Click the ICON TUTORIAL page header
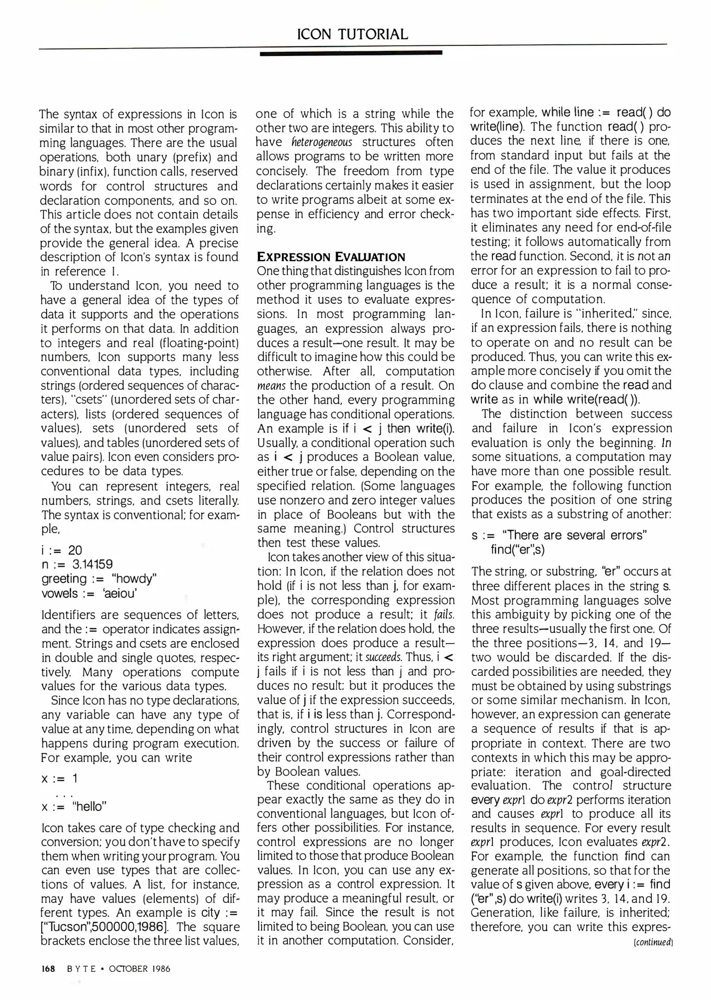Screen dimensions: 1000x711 point(352,34)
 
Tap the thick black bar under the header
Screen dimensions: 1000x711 point(351,53)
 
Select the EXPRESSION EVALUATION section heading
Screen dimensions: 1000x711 point(331,257)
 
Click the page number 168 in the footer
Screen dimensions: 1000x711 point(48,969)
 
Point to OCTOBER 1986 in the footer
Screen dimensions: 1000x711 point(139,969)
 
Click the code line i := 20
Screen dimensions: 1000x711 point(62,550)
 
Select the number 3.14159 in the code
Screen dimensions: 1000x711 point(92,564)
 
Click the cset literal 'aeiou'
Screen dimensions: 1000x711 point(121,593)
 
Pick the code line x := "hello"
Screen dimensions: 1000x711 point(74,806)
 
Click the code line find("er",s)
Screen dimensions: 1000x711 point(518,550)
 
